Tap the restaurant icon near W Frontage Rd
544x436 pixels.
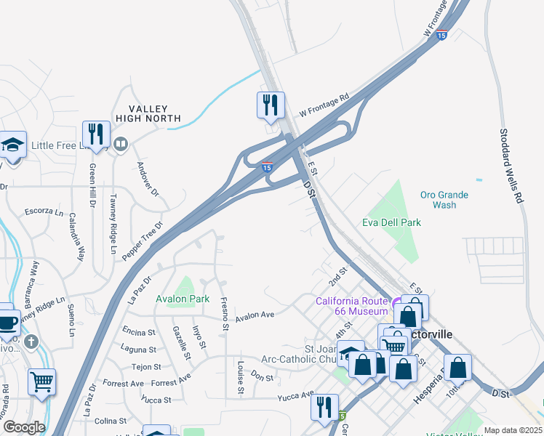(x=271, y=105)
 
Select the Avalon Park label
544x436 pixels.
(x=183, y=299)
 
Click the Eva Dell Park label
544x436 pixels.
(x=392, y=222)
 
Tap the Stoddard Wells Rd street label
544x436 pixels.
(x=512, y=166)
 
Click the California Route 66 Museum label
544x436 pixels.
(x=352, y=307)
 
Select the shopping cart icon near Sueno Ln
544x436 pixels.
(x=42, y=381)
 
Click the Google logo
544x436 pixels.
(x=24, y=427)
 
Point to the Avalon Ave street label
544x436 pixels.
(x=254, y=315)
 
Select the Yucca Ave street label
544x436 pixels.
(x=294, y=397)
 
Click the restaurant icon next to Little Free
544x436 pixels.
(x=96, y=134)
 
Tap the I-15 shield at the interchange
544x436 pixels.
(x=267, y=167)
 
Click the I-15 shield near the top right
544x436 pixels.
(x=441, y=35)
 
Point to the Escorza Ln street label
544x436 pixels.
(x=44, y=212)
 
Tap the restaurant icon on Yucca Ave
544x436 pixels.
(x=324, y=407)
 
